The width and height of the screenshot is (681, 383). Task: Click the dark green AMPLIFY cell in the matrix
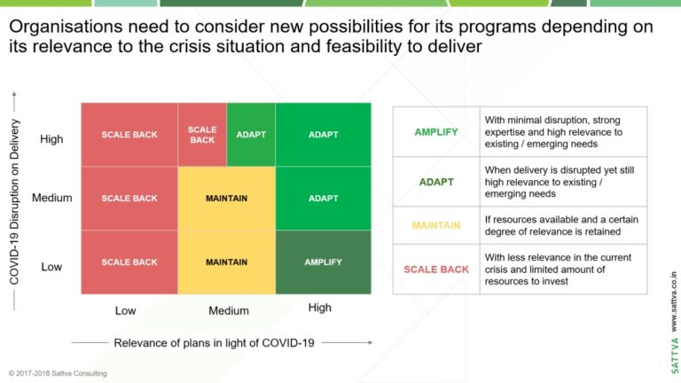(323, 262)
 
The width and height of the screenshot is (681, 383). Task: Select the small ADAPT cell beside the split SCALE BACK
(251, 135)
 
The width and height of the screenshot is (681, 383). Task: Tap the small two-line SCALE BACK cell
(202, 135)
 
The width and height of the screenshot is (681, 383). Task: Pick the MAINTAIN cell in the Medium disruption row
(227, 199)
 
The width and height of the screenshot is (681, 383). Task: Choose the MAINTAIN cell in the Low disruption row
(227, 262)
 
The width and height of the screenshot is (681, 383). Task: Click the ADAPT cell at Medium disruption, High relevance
(323, 199)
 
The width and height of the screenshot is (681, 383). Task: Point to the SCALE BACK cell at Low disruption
(129, 262)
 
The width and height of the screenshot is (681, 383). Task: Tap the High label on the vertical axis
(51, 139)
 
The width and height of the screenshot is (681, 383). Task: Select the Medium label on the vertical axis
(52, 198)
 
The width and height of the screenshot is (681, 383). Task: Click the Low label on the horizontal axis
(126, 310)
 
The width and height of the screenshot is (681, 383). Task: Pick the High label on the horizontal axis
(319, 308)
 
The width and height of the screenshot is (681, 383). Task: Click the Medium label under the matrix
(229, 310)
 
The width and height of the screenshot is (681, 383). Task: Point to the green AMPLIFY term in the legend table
(436, 132)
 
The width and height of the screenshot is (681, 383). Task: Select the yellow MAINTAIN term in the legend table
(436, 225)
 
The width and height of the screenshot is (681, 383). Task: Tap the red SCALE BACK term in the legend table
(436, 270)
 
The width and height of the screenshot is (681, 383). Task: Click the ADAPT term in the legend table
(436, 182)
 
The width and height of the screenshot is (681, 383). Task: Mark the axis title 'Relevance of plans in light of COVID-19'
(214, 343)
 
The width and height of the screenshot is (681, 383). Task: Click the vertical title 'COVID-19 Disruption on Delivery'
(14, 202)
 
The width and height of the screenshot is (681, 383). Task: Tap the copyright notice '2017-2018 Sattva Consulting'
(58, 373)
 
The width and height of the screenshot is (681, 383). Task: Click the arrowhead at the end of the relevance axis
(371, 342)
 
